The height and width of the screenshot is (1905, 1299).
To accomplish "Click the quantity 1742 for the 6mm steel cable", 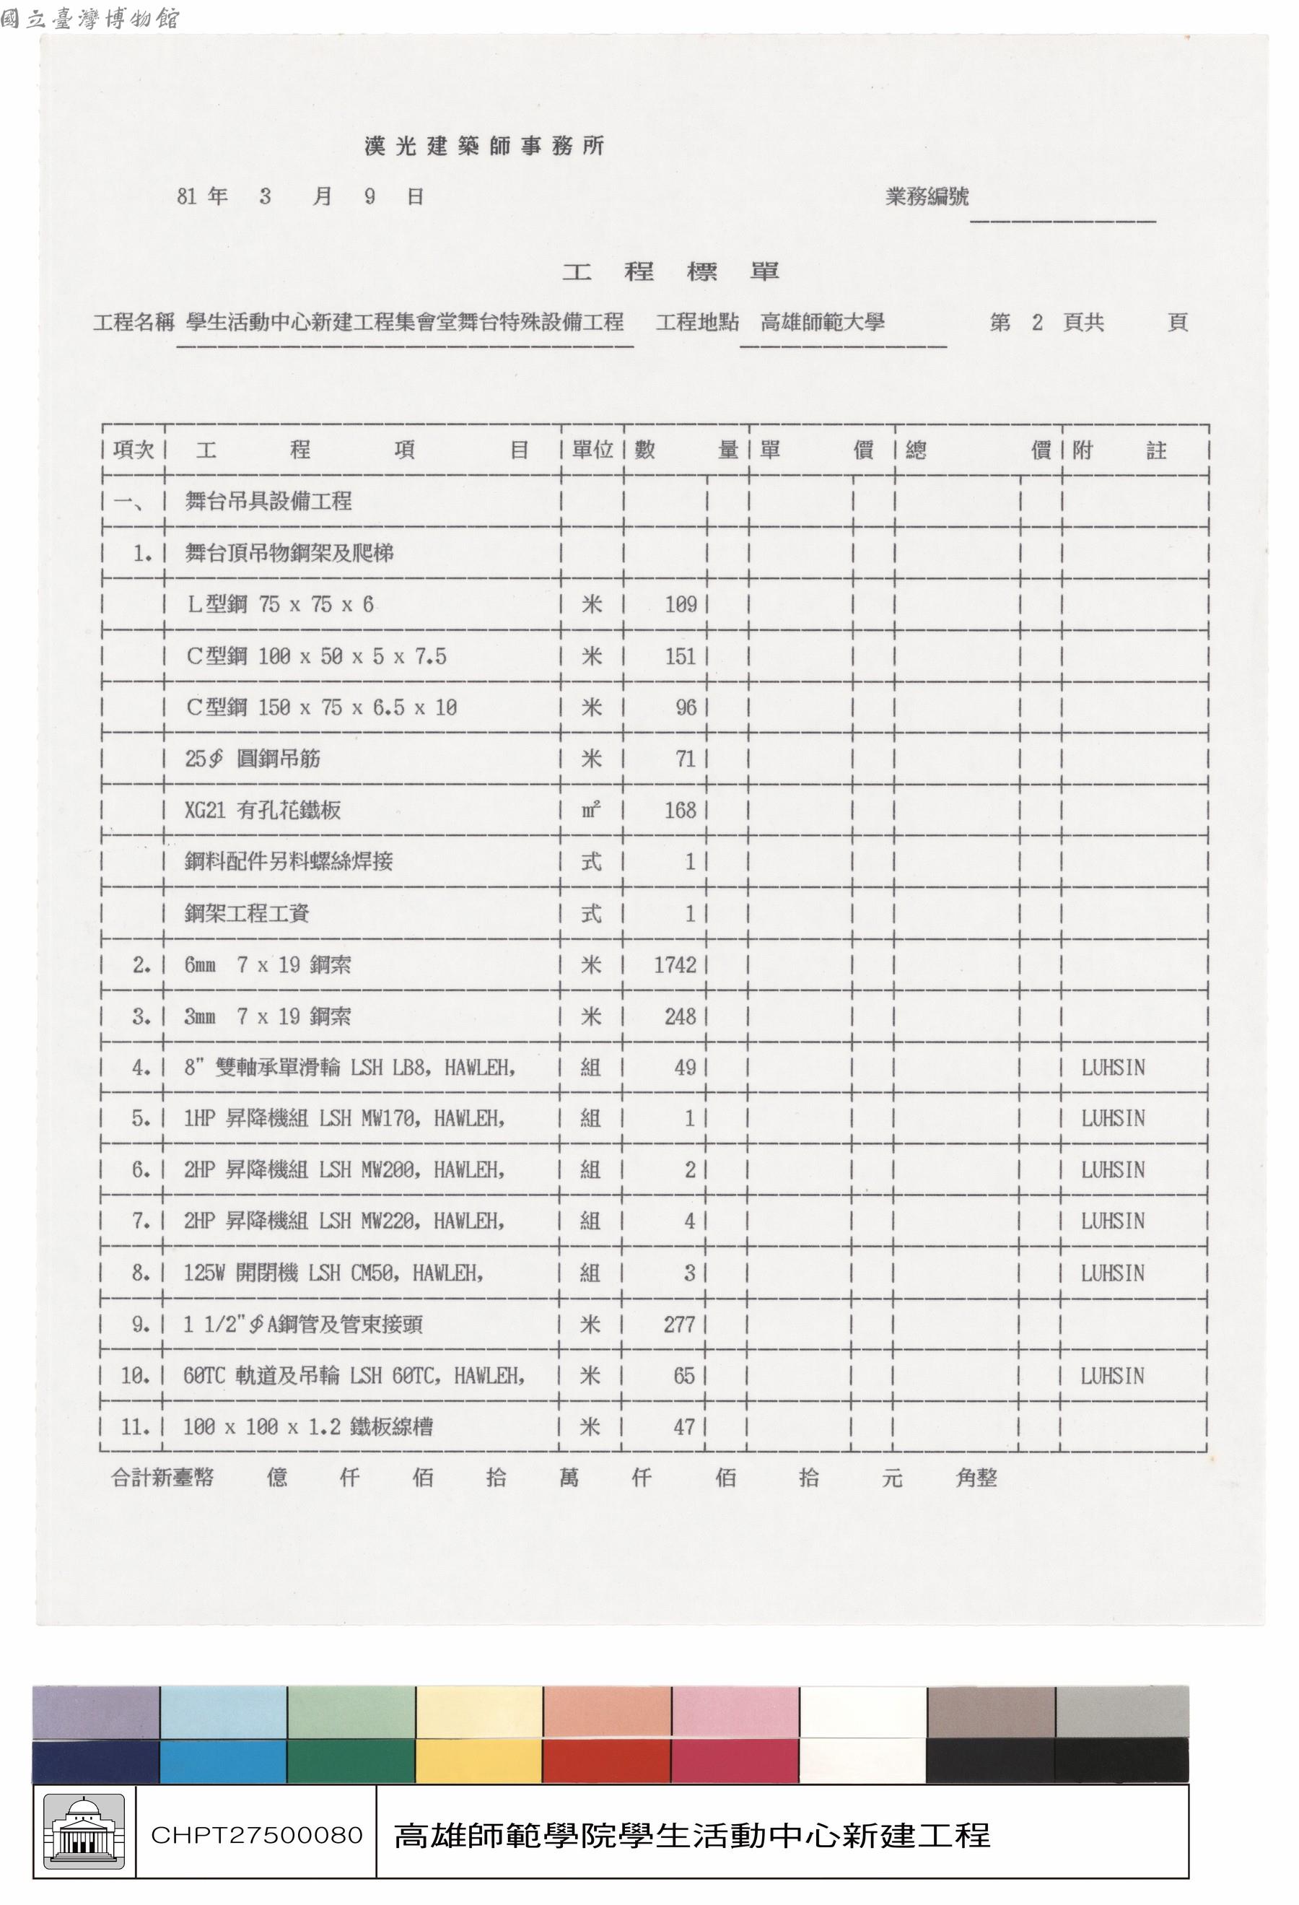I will (675, 965).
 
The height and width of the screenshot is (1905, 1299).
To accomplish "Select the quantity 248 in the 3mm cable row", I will (679, 1016).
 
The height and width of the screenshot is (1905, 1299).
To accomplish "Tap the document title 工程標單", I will (670, 271).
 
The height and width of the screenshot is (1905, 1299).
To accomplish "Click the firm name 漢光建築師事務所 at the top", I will (484, 146).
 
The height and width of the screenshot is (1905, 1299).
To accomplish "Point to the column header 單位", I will (592, 449).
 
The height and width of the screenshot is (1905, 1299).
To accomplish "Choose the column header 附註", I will (1119, 450).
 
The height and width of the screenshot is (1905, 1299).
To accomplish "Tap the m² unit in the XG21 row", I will (591, 810).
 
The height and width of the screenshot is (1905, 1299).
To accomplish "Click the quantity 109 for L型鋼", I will (681, 605).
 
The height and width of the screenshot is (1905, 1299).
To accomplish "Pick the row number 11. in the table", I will (135, 1427).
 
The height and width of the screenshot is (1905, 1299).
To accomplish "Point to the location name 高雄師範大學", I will (822, 322).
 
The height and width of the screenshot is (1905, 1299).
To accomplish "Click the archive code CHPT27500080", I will (256, 1834).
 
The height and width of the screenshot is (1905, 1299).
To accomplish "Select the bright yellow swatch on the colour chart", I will (478, 1760).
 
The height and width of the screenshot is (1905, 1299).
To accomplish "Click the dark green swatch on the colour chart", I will (351, 1760).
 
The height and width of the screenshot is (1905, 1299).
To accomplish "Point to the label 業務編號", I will (927, 197).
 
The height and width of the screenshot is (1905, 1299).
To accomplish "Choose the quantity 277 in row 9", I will (678, 1324).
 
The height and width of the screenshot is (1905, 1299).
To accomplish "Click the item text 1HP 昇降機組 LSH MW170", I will (344, 1118).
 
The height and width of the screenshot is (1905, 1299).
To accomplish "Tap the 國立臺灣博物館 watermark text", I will (89, 18).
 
